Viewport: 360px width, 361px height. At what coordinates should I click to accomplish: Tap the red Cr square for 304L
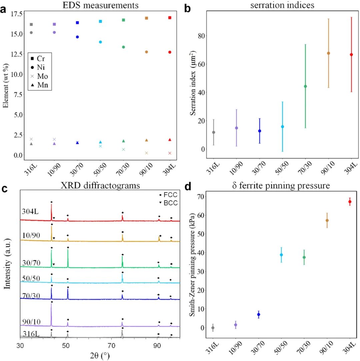[x=170, y=18]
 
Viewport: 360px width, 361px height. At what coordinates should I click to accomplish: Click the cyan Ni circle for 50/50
[x=100, y=42]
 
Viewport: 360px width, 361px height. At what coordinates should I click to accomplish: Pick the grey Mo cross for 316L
[x=31, y=139]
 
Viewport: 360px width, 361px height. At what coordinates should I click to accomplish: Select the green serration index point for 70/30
[x=305, y=86]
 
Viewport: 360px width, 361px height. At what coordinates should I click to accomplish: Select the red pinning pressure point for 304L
[x=350, y=202]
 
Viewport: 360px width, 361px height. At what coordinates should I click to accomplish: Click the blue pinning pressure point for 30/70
[x=259, y=314]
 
